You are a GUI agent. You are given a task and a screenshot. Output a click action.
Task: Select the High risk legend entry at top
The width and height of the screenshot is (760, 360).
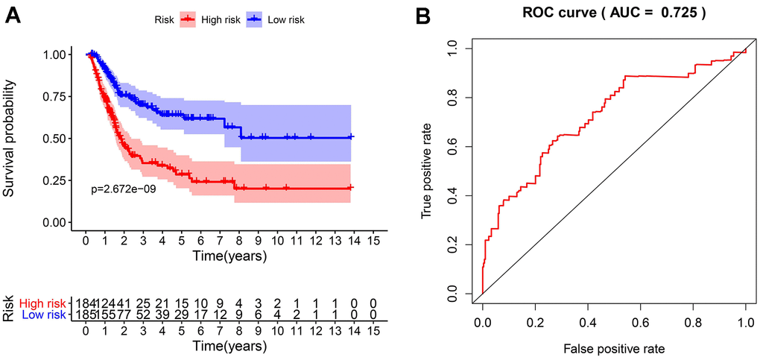click(220, 20)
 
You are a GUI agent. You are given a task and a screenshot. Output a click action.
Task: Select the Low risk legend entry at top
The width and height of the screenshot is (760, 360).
click(285, 20)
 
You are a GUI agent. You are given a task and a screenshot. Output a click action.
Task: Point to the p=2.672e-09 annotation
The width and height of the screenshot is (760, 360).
click(124, 190)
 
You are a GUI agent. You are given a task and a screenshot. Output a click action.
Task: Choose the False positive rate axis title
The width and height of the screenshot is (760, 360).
click(614, 347)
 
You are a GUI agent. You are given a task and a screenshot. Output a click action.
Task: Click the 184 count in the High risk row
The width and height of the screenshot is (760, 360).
click(77, 303)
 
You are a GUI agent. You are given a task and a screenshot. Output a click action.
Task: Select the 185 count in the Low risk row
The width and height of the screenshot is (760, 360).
click(77, 315)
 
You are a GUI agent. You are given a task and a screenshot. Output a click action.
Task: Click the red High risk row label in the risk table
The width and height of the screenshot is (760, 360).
click(43, 303)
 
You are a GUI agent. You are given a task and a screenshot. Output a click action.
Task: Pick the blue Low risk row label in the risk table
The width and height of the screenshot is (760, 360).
click(44, 315)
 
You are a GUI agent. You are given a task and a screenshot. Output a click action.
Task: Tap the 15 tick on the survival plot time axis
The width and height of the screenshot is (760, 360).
click(373, 241)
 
